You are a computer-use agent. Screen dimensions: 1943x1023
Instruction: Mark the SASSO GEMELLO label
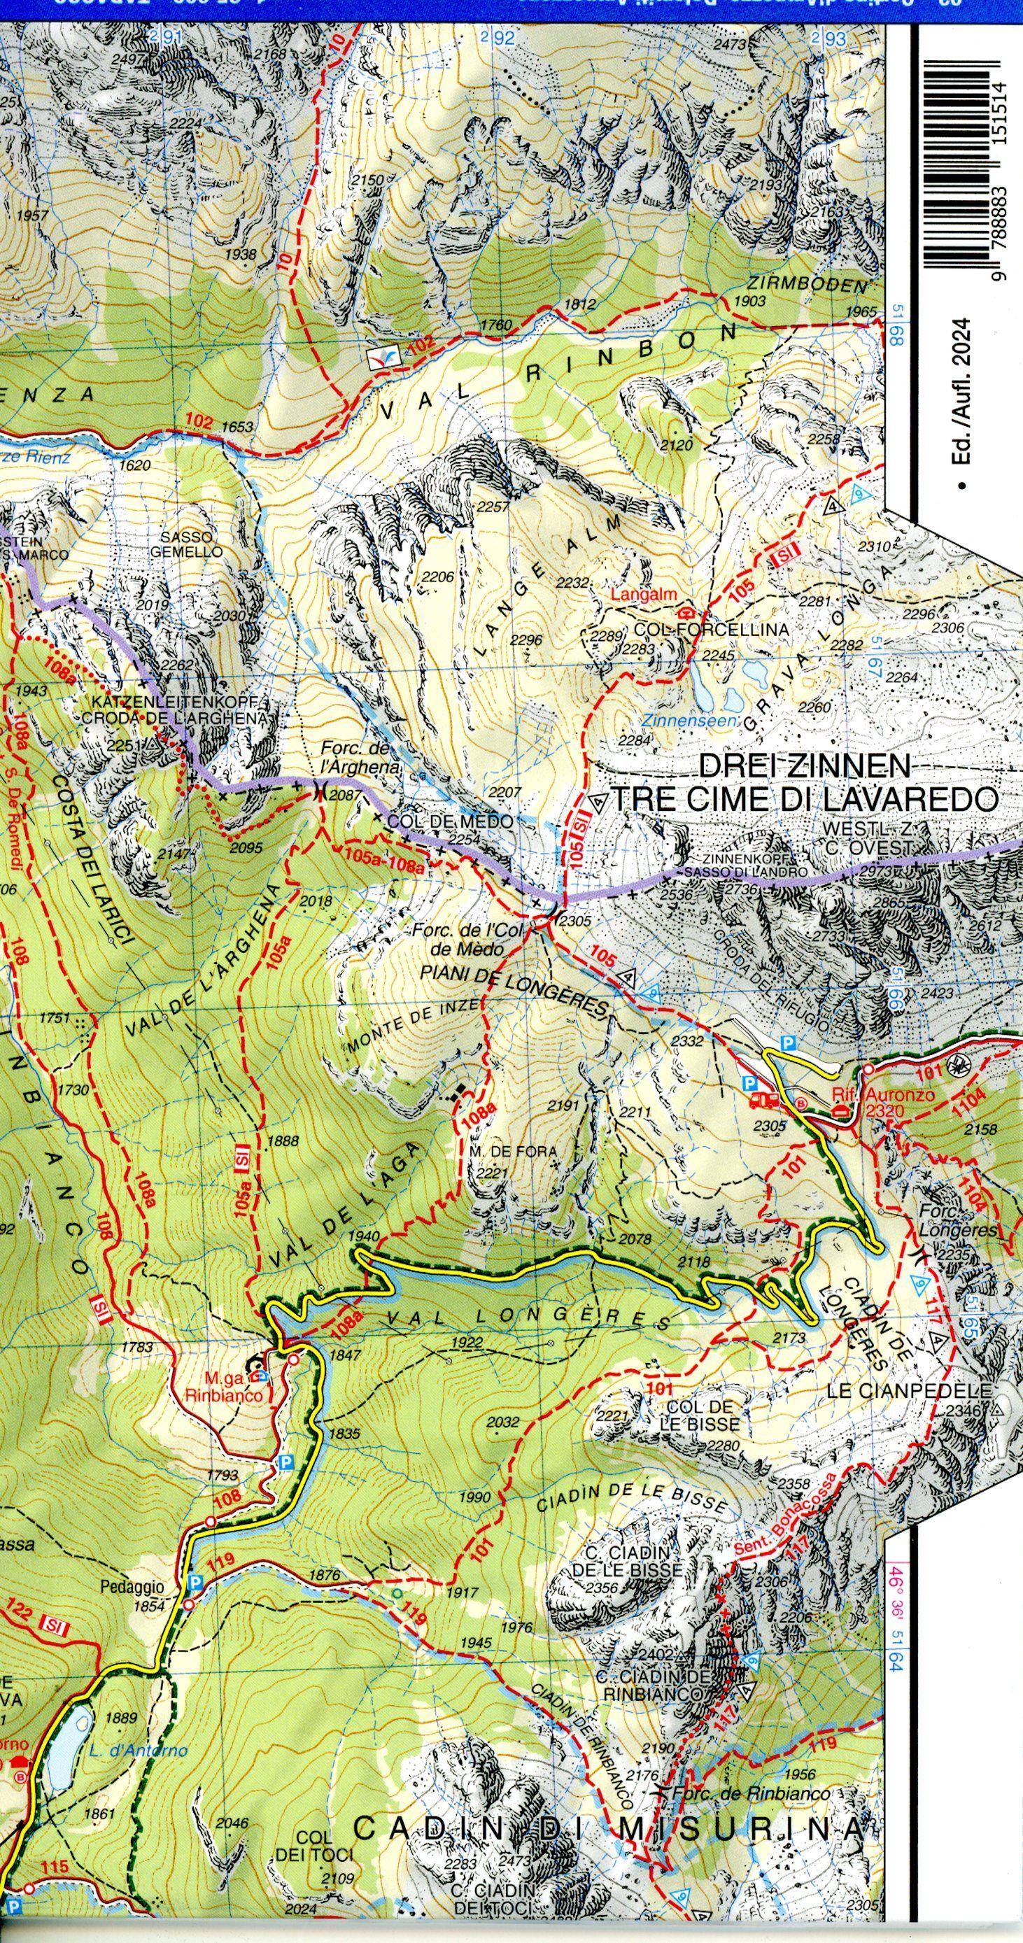click(x=191, y=544)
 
